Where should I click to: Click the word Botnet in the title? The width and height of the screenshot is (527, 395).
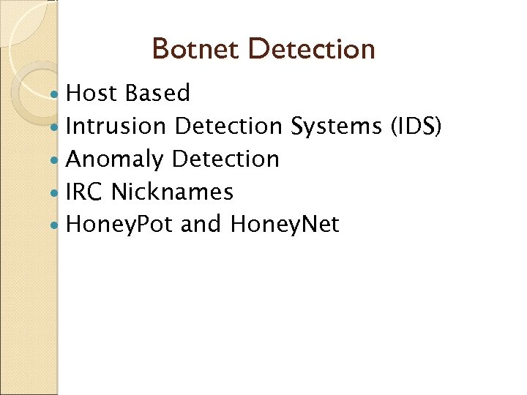pyautogui.click(x=196, y=50)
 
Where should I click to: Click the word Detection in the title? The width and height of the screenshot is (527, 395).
pyautogui.click(x=312, y=50)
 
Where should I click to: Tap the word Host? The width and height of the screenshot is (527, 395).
pyautogui.click(x=92, y=94)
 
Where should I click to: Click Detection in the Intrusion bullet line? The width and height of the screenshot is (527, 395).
pyautogui.click(x=229, y=127)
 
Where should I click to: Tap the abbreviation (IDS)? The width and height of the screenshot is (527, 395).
pyautogui.click(x=416, y=127)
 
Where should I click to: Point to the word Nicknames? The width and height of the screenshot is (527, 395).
pyautogui.click(x=173, y=192)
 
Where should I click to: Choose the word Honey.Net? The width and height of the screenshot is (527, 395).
pyautogui.click(x=285, y=225)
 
